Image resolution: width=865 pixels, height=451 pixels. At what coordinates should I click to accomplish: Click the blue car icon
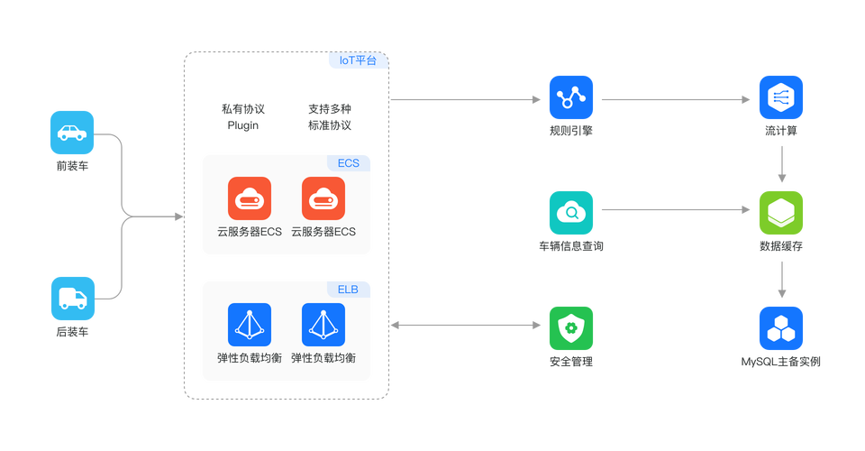[71, 133]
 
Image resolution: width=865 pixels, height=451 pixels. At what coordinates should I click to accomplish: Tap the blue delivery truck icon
[71, 299]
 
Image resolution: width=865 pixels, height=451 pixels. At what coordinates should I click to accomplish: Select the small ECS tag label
[348, 163]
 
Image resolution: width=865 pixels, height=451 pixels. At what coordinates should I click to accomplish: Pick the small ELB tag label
[348, 290]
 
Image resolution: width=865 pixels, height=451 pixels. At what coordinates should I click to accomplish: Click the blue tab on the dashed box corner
[358, 61]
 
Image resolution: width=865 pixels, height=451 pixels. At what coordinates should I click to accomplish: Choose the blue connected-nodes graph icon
[571, 98]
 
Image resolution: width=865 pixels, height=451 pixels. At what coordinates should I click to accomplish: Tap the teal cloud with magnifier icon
[571, 213]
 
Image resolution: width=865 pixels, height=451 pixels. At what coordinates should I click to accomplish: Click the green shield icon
[571, 328]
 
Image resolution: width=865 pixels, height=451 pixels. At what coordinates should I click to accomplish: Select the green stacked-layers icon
[781, 213]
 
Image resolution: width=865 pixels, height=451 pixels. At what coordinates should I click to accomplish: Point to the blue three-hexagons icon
[781, 328]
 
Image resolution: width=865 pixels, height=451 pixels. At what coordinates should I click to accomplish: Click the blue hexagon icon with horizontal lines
[781, 98]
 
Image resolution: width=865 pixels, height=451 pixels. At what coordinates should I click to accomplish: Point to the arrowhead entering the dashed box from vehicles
[178, 216]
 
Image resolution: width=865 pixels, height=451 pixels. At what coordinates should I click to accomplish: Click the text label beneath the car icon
[71, 166]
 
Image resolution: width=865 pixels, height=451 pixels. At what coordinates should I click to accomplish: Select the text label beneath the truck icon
[71, 333]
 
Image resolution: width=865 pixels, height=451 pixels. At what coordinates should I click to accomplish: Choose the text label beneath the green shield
[571, 362]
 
